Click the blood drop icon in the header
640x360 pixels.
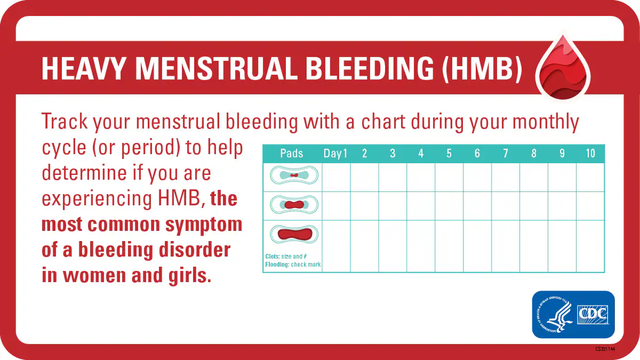coord(563,69)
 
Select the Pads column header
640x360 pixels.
coord(292,154)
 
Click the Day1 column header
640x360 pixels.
coord(335,154)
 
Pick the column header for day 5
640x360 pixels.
coord(449,154)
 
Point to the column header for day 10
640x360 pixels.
coord(590,154)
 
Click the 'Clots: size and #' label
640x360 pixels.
coord(286,257)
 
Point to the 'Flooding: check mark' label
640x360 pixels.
coord(293,265)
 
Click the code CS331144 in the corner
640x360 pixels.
coord(605,349)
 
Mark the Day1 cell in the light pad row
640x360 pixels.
coord(336,177)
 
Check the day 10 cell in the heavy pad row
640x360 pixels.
coord(590,246)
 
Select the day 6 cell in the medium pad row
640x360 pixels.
coord(477,206)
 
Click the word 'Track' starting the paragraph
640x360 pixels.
coord(64,122)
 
